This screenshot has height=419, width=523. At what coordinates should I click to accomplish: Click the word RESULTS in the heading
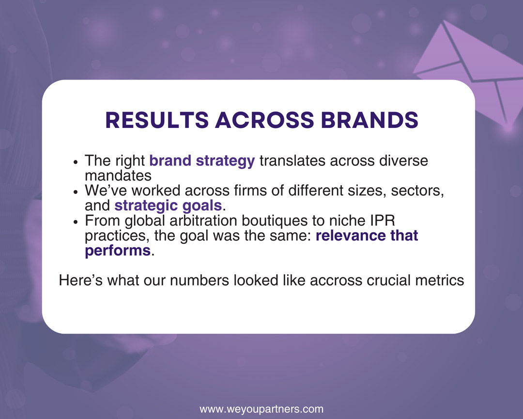pos(157,120)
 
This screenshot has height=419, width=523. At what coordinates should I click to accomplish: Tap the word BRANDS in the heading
pos(369,120)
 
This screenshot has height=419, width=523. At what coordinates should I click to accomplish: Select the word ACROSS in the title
pos(265,120)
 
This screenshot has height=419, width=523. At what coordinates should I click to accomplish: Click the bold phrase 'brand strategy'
pos(202,161)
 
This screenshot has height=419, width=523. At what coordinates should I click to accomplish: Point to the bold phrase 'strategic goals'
pos(168,206)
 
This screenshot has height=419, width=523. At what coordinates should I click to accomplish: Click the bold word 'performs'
pos(118,251)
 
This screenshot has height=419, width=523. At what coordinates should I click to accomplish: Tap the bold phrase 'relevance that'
pos(367,236)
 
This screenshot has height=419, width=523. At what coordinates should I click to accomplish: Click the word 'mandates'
pos(118,176)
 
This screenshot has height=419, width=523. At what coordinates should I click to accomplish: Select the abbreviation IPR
pos(383,221)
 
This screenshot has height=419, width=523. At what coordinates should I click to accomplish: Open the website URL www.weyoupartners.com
pos(261,409)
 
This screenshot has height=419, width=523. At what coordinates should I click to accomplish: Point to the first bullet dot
pos(76,162)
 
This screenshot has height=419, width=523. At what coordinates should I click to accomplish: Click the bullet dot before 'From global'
pos(76,222)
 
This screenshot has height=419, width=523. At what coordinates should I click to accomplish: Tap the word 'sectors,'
pos(417,191)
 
